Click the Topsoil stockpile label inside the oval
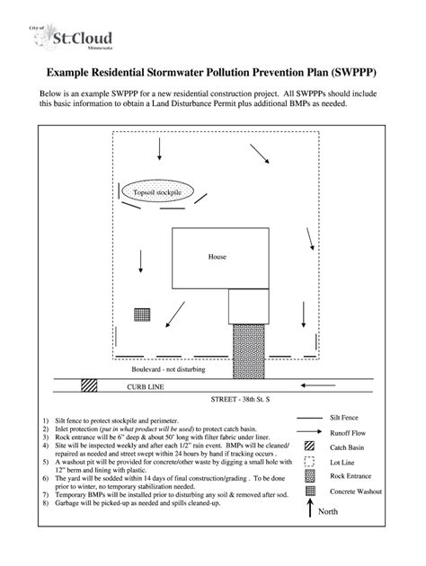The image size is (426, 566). (157, 194)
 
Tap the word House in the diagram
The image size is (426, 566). (217, 255)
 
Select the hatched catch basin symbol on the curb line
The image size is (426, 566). (89, 385)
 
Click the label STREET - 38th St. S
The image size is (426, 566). (241, 397)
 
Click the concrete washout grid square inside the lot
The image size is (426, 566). (141, 314)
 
